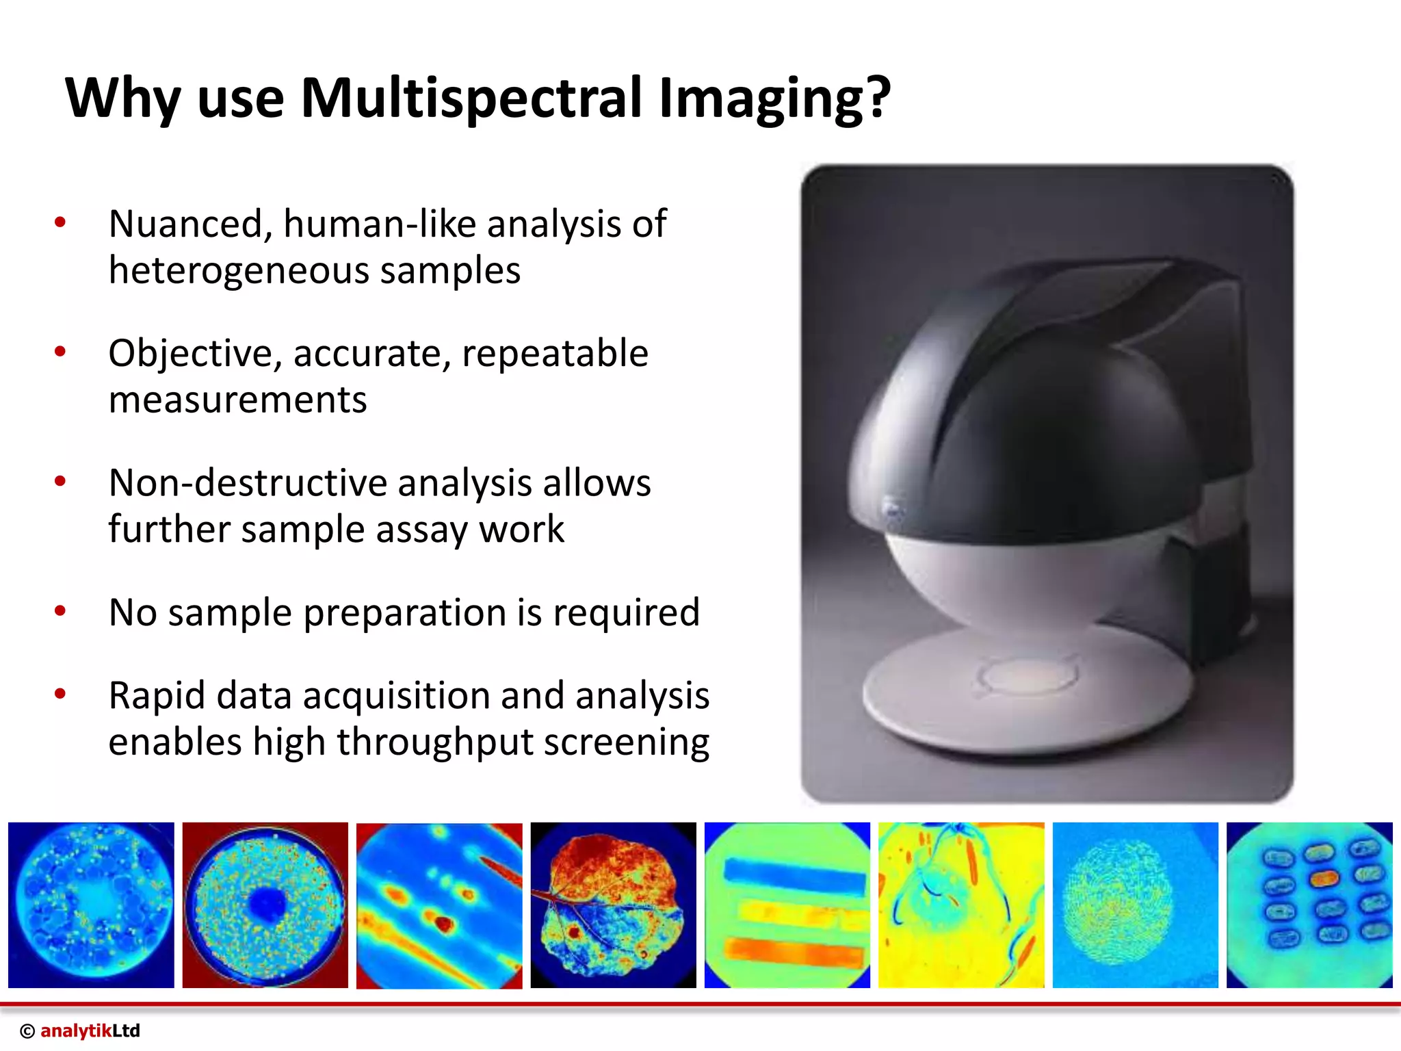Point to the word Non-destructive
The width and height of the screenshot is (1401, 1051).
[x=248, y=483]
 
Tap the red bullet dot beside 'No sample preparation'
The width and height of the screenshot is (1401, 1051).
[x=60, y=610]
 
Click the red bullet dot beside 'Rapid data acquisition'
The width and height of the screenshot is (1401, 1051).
[x=60, y=694]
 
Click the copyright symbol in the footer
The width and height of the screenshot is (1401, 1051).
[x=27, y=1031]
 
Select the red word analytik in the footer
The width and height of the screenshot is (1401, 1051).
[x=75, y=1030]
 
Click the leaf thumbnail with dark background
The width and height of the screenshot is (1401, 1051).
[x=613, y=905]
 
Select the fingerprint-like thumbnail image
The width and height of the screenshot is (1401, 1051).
[x=1134, y=905]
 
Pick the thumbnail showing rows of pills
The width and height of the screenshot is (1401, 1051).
[x=1309, y=905]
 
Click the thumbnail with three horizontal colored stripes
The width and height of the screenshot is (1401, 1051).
[x=787, y=905]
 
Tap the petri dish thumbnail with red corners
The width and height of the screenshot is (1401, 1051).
[x=265, y=905]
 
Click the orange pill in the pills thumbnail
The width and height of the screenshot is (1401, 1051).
[x=1324, y=879]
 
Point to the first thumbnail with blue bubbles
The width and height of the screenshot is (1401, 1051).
[x=91, y=905]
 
